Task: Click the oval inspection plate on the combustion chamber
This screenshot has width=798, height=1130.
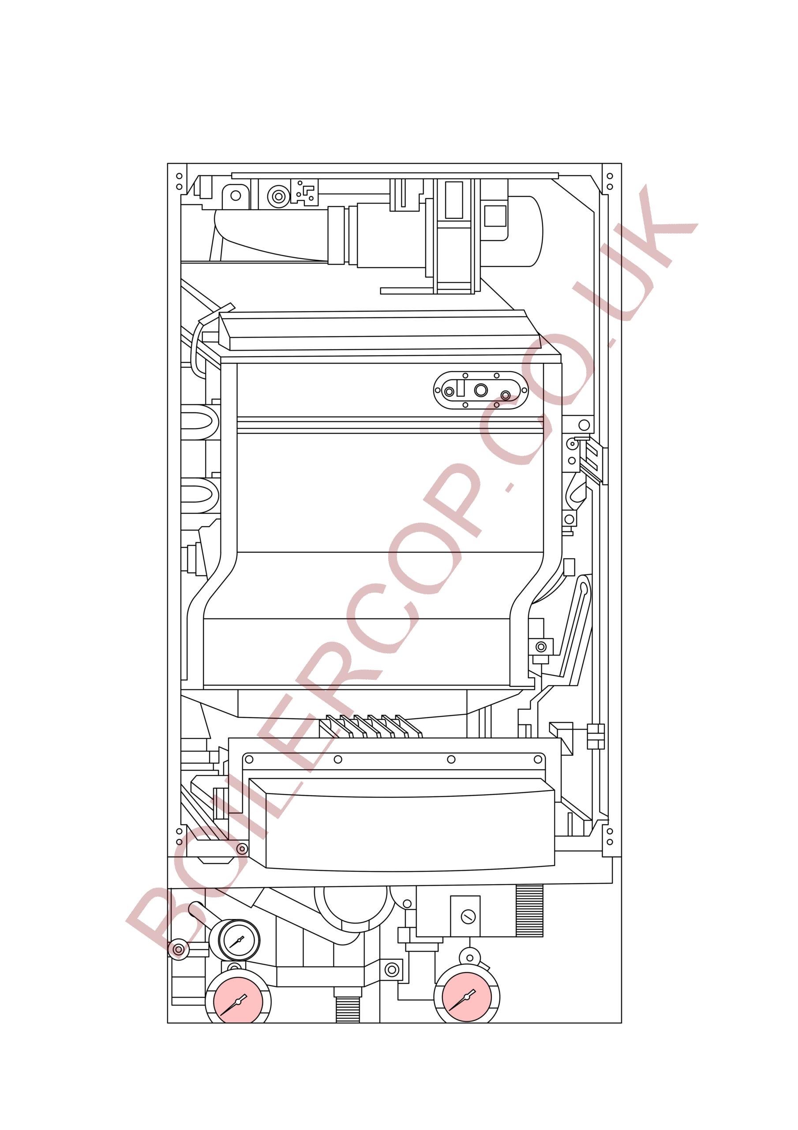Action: pyautogui.click(x=481, y=390)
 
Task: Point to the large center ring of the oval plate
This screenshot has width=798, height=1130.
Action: pyautogui.click(x=481, y=390)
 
